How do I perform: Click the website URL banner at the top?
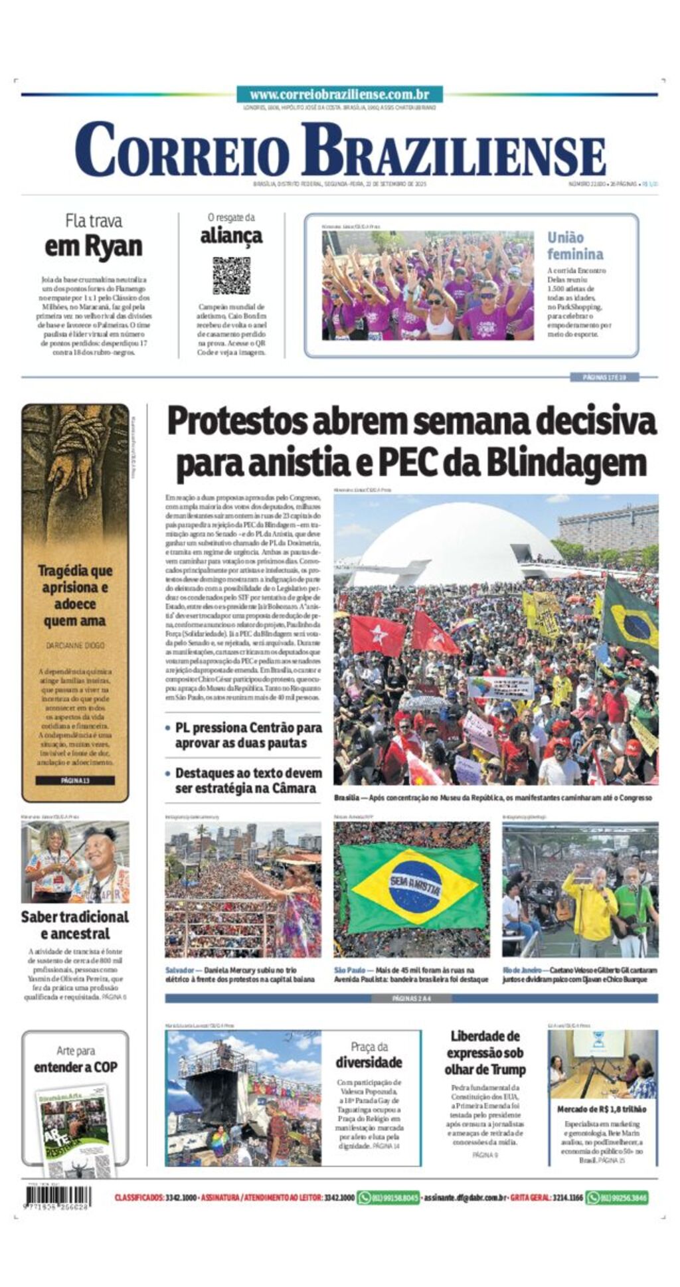click(339, 95)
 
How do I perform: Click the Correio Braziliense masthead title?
click(339, 151)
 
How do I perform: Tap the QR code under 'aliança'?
click(231, 276)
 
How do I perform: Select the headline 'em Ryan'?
click(94, 247)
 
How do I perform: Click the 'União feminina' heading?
click(575, 246)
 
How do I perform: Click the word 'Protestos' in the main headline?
click(236, 421)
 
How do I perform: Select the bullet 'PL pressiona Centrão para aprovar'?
click(248, 735)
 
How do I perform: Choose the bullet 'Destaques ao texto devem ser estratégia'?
click(248, 780)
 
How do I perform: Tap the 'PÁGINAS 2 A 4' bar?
click(411, 998)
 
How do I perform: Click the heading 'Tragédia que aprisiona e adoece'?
click(75, 595)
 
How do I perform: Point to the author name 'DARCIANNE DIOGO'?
click(75, 645)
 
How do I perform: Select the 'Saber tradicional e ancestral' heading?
click(75, 925)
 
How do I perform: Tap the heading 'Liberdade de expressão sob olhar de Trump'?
click(485, 1053)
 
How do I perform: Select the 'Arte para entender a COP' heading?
click(75, 1059)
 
